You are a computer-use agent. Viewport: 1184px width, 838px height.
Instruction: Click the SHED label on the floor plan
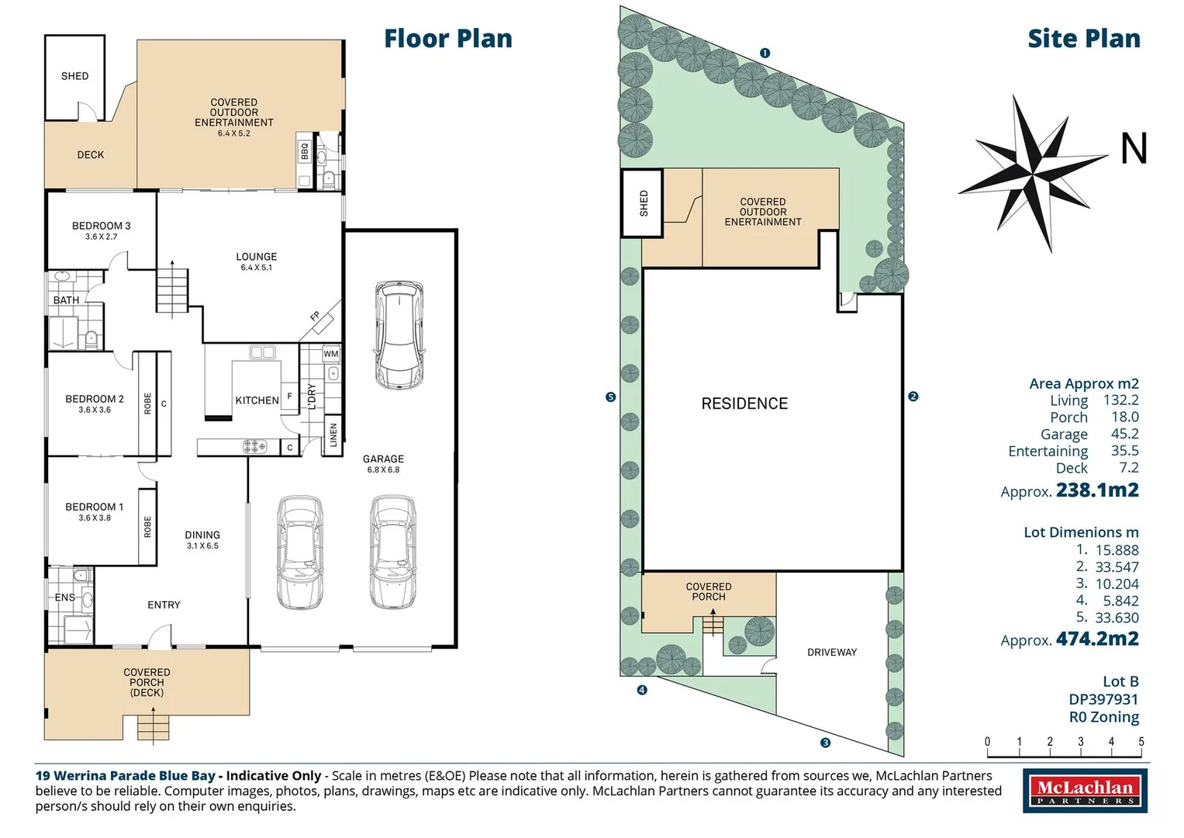[x=74, y=76]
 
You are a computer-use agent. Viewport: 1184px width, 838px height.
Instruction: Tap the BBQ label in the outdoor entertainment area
[x=305, y=151]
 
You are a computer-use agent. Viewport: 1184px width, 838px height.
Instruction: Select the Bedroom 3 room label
[x=101, y=226]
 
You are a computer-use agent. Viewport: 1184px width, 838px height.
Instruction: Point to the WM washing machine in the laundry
[x=331, y=354]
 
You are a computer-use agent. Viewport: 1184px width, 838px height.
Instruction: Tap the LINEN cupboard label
[x=333, y=435]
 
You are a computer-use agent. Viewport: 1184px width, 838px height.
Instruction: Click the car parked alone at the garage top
[x=399, y=335]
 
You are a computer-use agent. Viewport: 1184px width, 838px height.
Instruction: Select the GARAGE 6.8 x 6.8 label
[x=383, y=463]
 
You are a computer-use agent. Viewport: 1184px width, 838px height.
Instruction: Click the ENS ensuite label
[x=65, y=597]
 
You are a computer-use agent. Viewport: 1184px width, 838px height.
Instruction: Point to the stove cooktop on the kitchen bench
[x=254, y=446]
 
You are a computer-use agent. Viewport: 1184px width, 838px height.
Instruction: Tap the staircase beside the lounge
[x=172, y=290]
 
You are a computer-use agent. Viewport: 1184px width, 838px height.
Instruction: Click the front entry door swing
[x=161, y=636]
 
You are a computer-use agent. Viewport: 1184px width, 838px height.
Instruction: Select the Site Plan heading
[x=1083, y=39]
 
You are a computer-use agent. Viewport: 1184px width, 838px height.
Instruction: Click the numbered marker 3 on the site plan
[x=825, y=743]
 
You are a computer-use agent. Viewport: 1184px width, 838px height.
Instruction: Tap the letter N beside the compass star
[x=1134, y=149]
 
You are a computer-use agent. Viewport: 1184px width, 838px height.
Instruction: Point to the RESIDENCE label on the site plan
[x=744, y=403]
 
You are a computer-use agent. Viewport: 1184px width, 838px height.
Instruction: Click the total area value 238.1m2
[x=1097, y=490]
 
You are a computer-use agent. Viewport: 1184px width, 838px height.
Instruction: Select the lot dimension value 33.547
[x=1117, y=567]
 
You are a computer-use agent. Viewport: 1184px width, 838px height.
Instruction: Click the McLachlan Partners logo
[x=1086, y=791]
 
